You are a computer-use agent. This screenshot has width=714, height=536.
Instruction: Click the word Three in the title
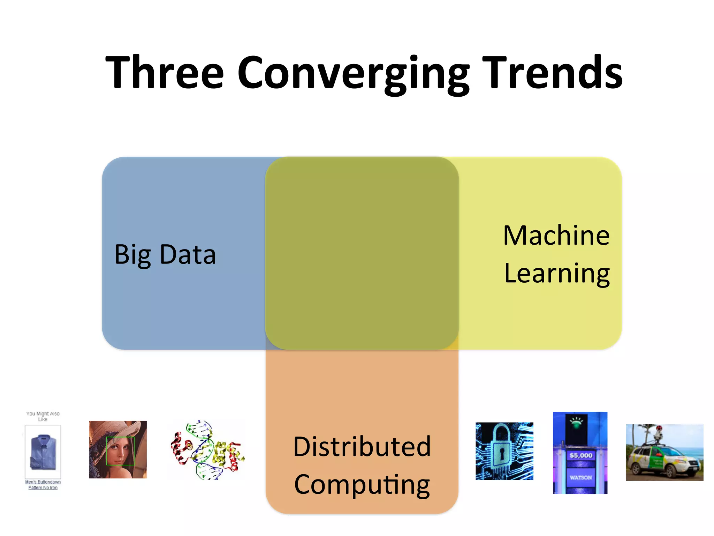point(164,72)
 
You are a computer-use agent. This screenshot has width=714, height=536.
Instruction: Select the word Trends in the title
point(553,72)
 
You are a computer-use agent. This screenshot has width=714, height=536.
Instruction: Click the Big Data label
point(165,255)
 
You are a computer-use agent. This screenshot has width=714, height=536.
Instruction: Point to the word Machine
point(556,236)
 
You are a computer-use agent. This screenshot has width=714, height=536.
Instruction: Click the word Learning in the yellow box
point(557,274)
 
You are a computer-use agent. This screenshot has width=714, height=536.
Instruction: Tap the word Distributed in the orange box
point(362,447)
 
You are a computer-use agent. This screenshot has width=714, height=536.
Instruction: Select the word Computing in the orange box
point(362,485)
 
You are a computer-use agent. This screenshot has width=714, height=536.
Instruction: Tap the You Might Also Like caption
point(43,416)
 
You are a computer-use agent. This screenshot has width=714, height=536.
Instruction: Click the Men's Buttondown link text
point(43,482)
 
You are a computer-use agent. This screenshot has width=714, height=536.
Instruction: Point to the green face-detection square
point(120,451)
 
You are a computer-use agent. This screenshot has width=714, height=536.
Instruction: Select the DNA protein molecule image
point(208,450)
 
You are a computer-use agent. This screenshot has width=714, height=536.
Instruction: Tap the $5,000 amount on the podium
point(581,455)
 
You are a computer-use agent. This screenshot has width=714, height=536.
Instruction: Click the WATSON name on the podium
point(581,477)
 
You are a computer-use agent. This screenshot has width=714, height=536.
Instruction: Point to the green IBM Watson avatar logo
point(576,423)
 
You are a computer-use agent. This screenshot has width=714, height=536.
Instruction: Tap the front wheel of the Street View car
point(669,472)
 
